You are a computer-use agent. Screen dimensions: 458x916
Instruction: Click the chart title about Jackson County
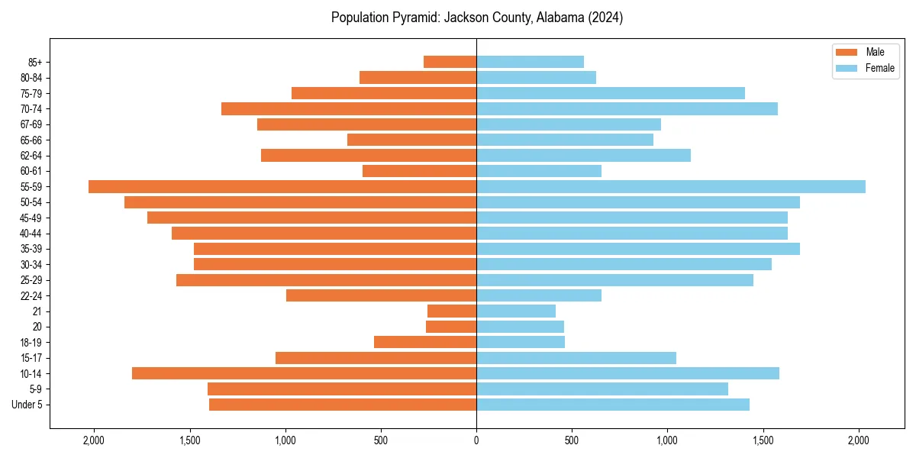[476, 18]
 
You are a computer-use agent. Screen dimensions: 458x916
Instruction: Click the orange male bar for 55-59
[282, 187]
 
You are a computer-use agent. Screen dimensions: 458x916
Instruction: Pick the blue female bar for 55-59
[671, 187]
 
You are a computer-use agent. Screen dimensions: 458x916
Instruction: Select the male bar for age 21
[452, 311]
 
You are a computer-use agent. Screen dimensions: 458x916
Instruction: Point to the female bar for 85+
[530, 62]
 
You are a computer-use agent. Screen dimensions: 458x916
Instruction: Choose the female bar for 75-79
[611, 93]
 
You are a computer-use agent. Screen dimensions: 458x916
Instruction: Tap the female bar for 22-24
[539, 295]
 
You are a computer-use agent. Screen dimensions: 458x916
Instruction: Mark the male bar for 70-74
[349, 109]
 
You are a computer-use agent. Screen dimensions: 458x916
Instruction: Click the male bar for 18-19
[425, 342]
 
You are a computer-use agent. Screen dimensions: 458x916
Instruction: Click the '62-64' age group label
[31, 156]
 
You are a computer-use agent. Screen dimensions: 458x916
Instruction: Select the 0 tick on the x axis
[476, 440]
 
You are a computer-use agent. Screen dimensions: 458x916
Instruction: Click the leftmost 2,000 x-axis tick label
[94, 440]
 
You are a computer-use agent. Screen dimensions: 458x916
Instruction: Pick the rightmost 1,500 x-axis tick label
[763, 440]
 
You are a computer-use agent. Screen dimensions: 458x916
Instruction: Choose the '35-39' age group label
[31, 249]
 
